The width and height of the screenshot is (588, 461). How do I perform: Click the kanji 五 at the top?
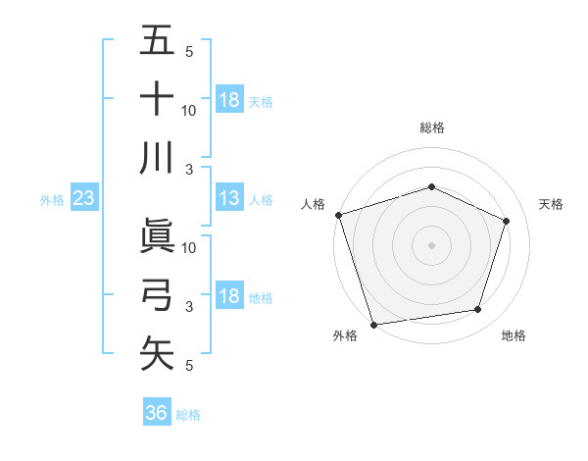[x=157, y=41]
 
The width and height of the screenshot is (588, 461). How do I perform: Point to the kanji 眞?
[x=157, y=236]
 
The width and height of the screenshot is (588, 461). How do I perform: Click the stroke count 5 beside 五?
[x=188, y=52]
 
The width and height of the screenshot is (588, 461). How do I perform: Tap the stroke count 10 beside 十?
[x=189, y=110]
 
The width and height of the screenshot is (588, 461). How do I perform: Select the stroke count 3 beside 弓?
[x=188, y=306]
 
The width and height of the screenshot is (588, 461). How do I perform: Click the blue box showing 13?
[x=229, y=198]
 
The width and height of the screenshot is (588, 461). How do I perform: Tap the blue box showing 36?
[x=157, y=413]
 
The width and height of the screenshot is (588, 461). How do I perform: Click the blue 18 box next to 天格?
[x=229, y=100]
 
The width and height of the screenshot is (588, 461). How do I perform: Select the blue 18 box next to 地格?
[x=229, y=296]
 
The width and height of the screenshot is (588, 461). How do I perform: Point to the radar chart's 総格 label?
[x=431, y=128]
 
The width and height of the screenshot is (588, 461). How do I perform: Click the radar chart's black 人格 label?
[x=314, y=204]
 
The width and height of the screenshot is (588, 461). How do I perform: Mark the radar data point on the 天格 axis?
[x=507, y=221]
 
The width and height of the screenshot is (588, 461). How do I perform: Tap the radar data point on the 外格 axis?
[x=373, y=324]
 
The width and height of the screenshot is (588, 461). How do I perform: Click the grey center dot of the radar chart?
[x=431, y=244]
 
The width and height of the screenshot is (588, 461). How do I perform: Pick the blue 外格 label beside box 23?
[x=52, y=199]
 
